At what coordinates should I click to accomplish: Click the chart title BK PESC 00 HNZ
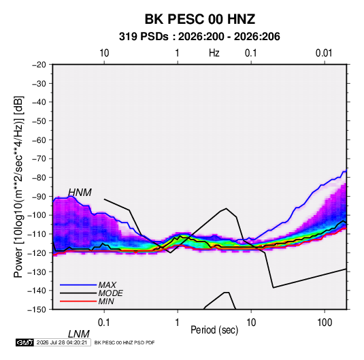200,19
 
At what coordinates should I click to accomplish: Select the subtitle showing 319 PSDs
199,37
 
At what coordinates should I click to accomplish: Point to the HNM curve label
80,193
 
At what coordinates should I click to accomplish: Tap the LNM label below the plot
78,334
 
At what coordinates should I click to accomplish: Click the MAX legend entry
107,284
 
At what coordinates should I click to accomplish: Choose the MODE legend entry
110,293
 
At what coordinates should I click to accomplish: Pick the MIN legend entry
106,301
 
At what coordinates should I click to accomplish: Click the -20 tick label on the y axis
39,65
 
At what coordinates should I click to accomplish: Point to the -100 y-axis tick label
37,215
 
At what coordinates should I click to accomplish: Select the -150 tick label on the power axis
37,310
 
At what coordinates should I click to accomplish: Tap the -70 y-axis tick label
39,159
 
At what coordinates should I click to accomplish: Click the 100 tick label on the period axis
325,323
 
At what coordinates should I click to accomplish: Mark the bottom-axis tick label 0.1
103,323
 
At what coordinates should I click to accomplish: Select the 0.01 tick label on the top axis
324,53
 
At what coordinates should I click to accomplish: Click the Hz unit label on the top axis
214,53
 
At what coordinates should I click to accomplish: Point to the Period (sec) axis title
214,330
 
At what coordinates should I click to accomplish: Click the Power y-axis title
18,187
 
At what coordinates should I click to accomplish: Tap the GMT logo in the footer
25,342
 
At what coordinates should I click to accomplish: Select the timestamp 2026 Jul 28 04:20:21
63,342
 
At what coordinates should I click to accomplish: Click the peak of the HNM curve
227,208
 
